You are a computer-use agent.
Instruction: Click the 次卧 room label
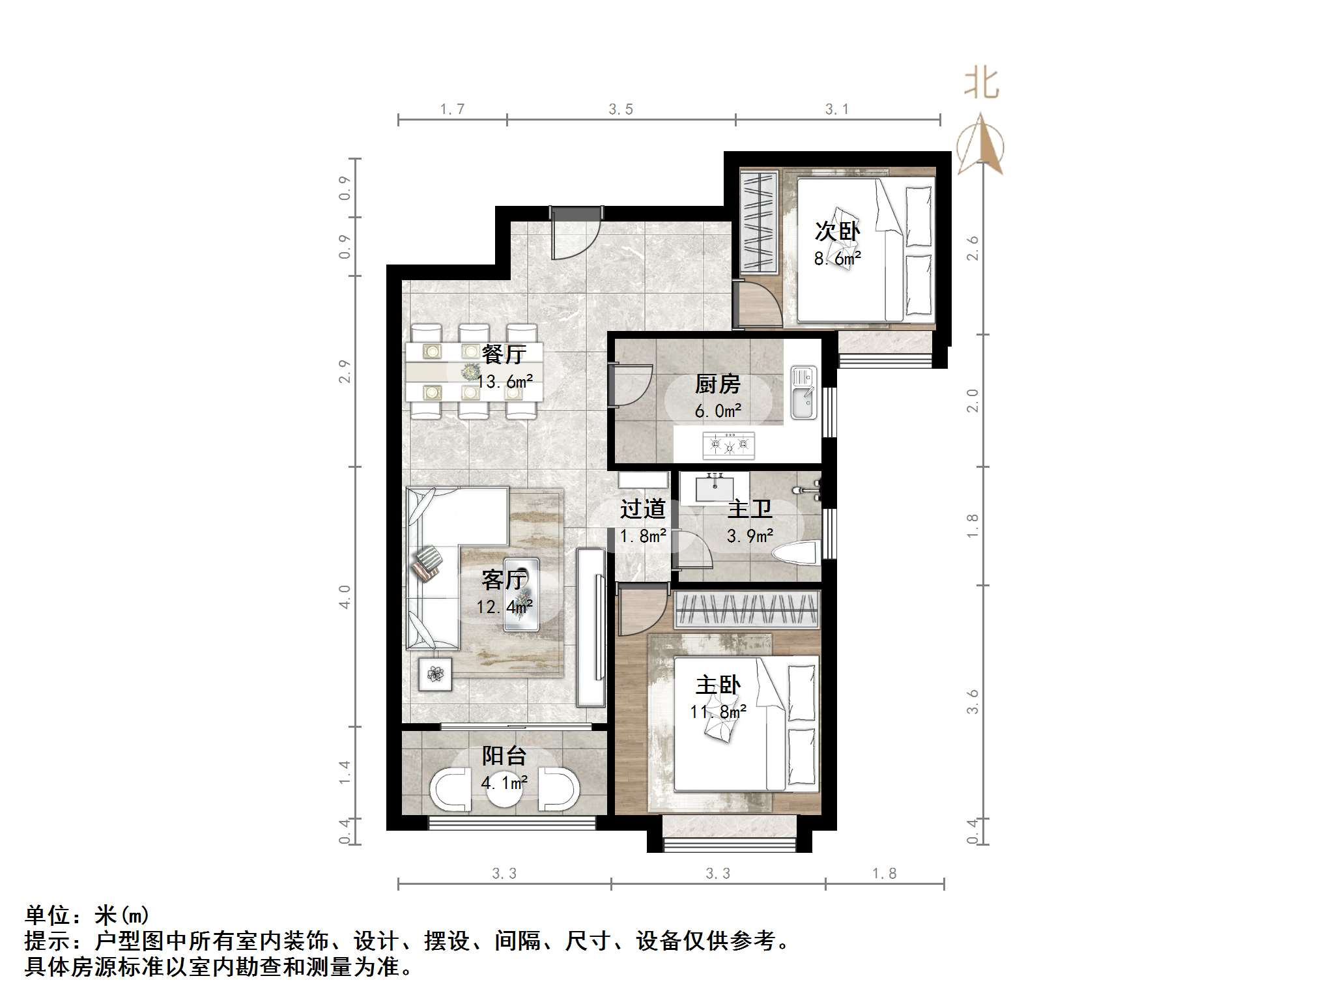pos(837,231)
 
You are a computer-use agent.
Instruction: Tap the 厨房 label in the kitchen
pos(717,384)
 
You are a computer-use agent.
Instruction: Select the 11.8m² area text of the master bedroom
pos(718,711)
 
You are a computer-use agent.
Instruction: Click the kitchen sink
pos(804,392)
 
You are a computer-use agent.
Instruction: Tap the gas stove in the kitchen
pos(728,445)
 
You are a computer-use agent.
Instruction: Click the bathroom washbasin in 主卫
pos(715,489)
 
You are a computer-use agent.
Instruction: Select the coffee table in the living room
pos(522,593)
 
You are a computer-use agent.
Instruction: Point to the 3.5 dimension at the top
pos(621,109)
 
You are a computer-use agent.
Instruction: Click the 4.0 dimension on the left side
pos(345,596)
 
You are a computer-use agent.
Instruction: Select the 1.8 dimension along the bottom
pos(884,874)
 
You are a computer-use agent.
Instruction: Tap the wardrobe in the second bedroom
pos(760,222)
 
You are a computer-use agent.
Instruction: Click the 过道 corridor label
pos(642,509)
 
